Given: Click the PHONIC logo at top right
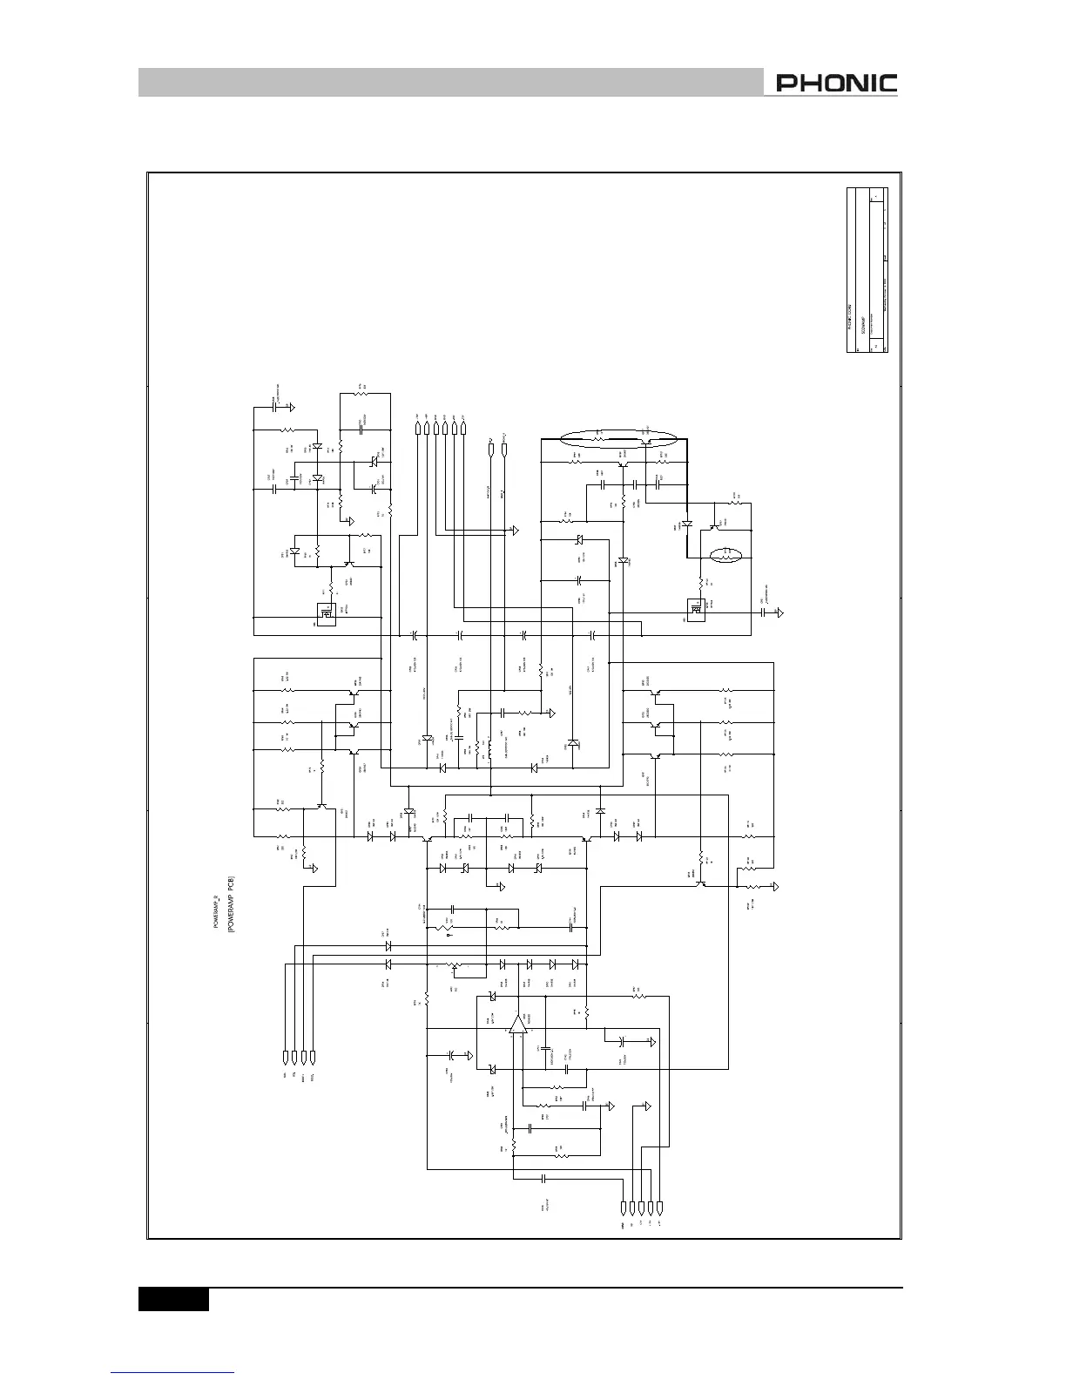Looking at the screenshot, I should (837, 84).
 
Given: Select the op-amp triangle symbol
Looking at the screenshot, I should (518, 1025).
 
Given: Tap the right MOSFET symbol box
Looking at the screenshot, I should (695, 610).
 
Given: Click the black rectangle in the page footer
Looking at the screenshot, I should (173, 1299).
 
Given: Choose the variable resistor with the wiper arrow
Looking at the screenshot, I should (453, 966).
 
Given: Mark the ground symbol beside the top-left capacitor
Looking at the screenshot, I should (293, 406).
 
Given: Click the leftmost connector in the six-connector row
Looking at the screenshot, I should (417, 428).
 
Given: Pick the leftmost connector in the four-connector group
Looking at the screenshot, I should (285, 1058).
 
